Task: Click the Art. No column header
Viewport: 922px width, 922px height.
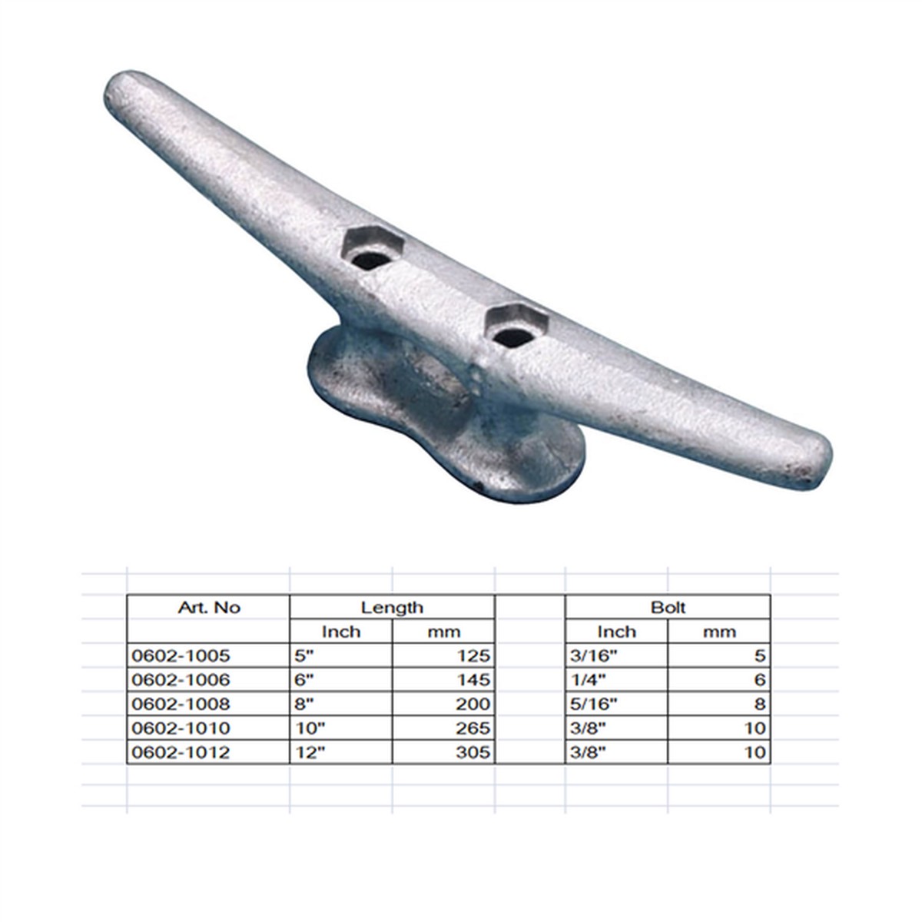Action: point(209,608)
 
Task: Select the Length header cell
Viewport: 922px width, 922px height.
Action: point(392,608)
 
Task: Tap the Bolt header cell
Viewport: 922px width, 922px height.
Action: point(668,608)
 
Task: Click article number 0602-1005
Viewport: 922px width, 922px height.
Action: point(181,655)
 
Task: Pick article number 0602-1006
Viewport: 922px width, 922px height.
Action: point(181,680)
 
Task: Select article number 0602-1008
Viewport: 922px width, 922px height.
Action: point(181,704)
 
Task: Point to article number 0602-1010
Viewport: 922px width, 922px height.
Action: point(181,728)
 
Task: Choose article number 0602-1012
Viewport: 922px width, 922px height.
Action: point(181,752)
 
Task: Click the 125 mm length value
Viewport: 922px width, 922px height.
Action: point(473,655)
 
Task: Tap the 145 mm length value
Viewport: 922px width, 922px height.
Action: point(473,680)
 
